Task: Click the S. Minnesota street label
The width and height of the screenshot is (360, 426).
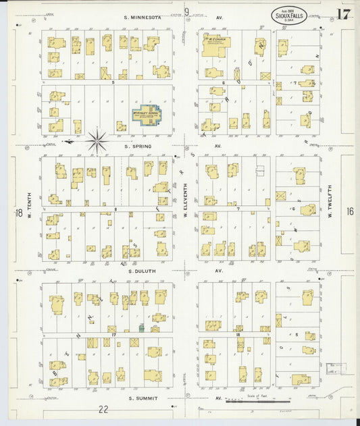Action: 143,16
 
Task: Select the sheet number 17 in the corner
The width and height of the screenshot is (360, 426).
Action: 343,15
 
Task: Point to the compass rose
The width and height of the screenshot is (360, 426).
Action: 97,141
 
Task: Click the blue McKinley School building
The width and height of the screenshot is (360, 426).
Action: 147,115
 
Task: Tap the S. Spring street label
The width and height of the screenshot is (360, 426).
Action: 137,146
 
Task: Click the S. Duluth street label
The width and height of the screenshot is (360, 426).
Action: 141,271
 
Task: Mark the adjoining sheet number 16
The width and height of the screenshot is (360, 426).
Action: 349,211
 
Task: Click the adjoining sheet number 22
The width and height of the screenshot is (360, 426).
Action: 103,409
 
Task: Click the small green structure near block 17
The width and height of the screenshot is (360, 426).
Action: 141,327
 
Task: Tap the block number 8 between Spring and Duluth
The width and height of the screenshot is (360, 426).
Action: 115,210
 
